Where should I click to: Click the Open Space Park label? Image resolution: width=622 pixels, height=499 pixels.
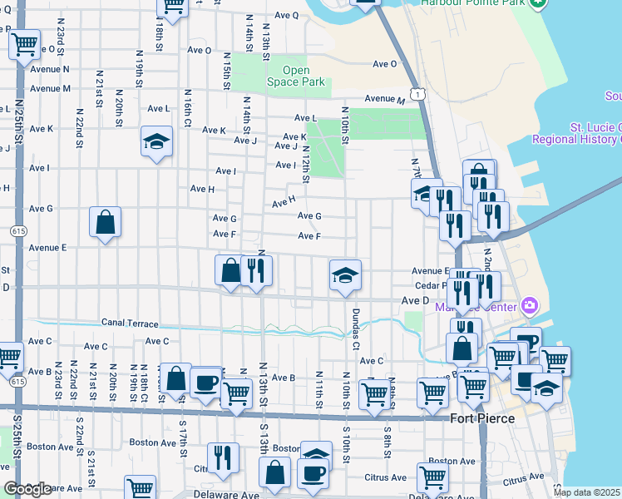tap(295, 77)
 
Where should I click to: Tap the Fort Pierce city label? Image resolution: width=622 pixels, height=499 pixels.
tap(481, 417)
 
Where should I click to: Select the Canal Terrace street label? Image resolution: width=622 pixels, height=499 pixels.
tap(129, 323)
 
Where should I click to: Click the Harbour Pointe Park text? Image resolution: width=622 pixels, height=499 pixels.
tap(475, 2)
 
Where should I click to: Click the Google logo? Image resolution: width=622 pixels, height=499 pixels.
tap(27, 489)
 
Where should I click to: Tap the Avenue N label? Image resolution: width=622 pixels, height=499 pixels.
tap(49, 69)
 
